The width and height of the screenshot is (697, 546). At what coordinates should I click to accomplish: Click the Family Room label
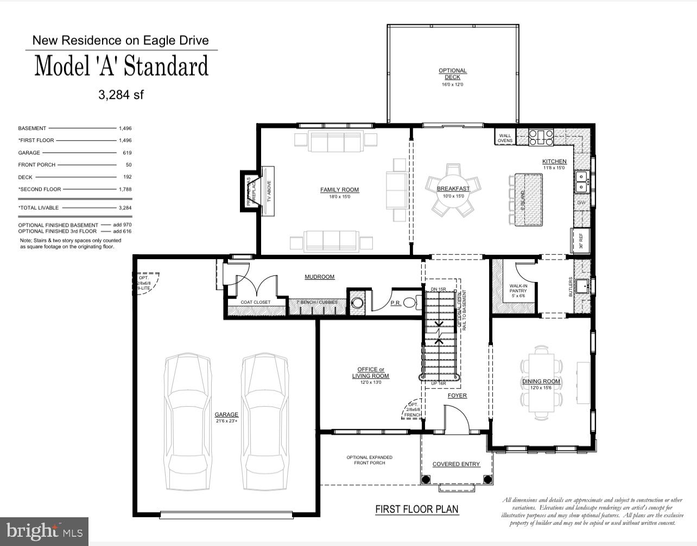pos(339,190)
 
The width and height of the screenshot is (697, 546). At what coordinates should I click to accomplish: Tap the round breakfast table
pos(453,189)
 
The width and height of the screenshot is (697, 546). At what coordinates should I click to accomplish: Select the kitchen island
pos(525,200)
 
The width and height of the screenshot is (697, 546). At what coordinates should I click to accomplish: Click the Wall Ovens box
pos(505,138)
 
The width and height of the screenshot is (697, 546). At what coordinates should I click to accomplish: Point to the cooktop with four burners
pos(541,137)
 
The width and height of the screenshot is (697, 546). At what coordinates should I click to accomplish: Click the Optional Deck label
pos(452,74)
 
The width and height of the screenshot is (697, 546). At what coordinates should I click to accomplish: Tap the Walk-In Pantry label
pos(518,288)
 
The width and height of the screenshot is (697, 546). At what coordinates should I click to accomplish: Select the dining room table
pos(541,382)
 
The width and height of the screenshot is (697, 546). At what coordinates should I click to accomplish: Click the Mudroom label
pos(319,277)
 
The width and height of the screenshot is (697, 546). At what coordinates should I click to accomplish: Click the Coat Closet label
pos(255,302)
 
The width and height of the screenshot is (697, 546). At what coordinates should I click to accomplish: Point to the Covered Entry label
pos(456,464)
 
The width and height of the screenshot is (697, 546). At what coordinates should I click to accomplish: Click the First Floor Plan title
pos(416,509)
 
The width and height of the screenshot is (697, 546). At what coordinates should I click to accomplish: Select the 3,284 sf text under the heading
pos(121,95)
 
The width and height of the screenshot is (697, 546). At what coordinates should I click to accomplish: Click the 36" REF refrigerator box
pos(580,241)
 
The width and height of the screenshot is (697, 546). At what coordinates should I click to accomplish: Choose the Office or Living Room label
pos(370,373)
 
